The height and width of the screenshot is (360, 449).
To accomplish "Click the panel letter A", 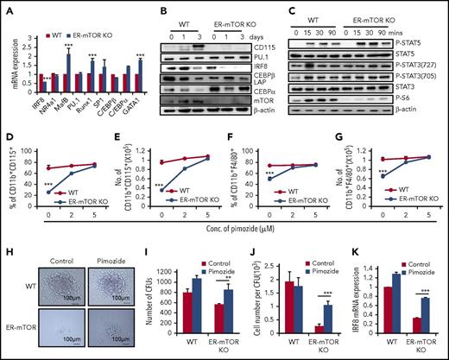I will [x=7, y=8].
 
